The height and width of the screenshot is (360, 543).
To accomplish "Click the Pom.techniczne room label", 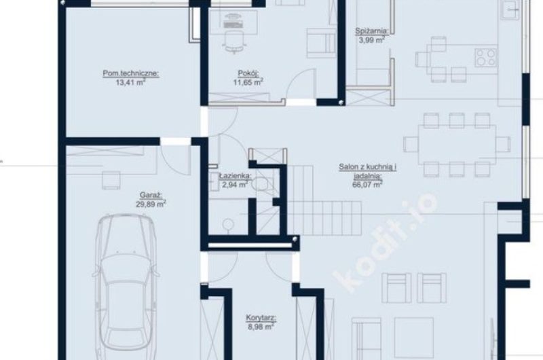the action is [131, 73].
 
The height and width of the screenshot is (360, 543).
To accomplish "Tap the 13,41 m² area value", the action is [130, 82].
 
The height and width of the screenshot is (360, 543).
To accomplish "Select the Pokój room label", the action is [248, 73].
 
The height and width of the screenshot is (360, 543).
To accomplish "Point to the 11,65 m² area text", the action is [248, 82].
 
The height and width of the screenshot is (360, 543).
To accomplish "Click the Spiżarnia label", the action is [371, 31].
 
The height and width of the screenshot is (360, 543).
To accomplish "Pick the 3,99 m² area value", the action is [371, 39].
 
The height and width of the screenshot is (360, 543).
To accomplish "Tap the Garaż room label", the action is [151, 196].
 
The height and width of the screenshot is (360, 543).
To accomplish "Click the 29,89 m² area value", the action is [151, 204].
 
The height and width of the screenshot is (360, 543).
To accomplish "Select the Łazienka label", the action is [235, 176].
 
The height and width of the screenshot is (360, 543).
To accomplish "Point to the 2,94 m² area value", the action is [235, 185].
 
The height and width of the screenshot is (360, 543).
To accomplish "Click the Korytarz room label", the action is [261, 318].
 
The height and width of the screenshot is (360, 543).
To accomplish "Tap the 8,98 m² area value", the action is [261, 327].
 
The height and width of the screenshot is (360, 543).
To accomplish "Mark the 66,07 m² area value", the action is [367, 184].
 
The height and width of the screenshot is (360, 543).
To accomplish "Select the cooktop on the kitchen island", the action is [485, 58].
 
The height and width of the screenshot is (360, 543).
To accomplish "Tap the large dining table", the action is [457, 144].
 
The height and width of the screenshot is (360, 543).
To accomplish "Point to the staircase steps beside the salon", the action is [324, 201].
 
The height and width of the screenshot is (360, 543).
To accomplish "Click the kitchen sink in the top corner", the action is [511, 10].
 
